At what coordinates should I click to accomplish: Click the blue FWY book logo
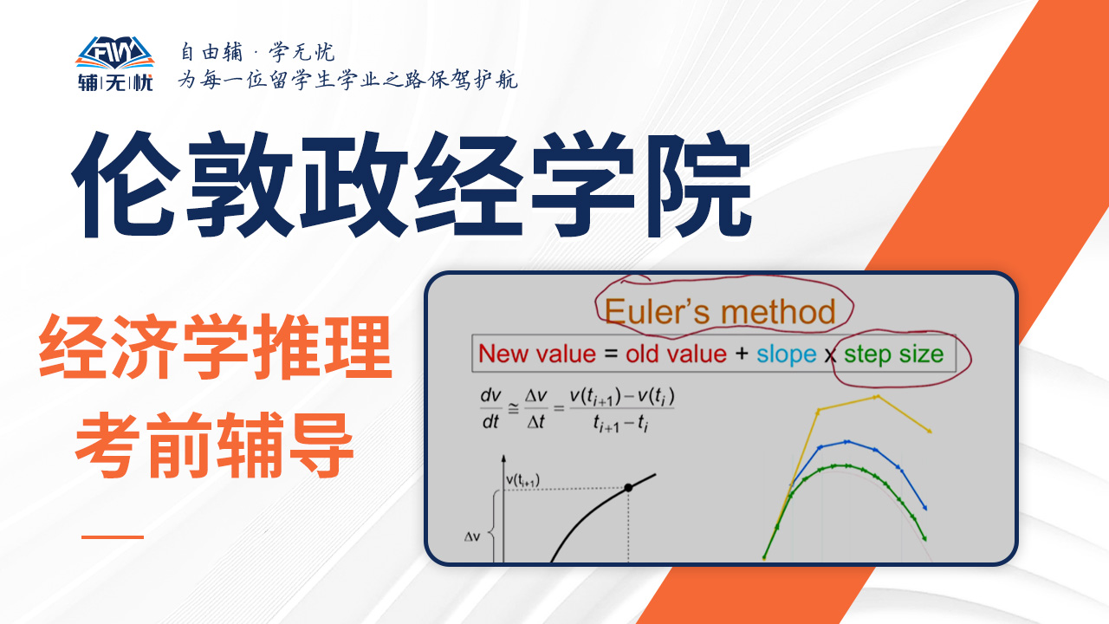click(x=115, y=53)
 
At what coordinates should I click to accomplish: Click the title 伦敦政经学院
click(x=412, y=185)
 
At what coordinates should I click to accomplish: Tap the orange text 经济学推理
click(x=216, y=347)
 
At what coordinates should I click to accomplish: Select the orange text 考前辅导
click(x=214, y=445)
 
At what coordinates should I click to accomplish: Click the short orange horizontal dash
click(x=113, y=536)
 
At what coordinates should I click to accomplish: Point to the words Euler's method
click(x=720, y=312)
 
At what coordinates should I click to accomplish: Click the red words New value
click(x=537, y=354)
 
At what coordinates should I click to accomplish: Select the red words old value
click(x=676, y=354)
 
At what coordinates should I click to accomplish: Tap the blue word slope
click(x=786, y=354)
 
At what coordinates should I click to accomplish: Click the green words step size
click(x=893, y=354)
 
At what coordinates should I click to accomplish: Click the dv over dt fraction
click(x=490, y=409)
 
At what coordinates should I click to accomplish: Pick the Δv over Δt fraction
click(x=536, y=409)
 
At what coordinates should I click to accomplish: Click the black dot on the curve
click(x=628, y=488)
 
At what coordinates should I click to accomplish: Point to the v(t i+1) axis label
click(x=522, y=480)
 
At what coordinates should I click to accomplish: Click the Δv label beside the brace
click(x=472, y=536)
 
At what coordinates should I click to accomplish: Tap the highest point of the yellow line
click(x=877, y=397)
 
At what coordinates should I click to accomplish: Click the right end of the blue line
click(x=924, y=508)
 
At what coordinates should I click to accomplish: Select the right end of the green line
click(x=924, y=538)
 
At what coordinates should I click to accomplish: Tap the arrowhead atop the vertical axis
click(x=503, y=458)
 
